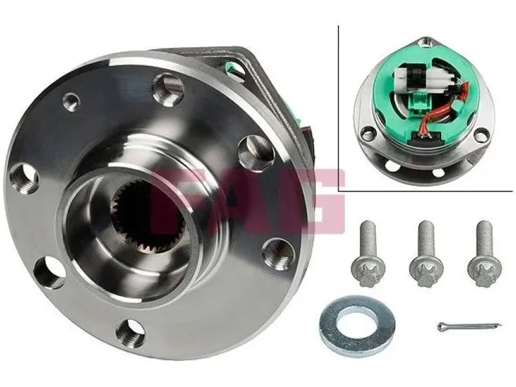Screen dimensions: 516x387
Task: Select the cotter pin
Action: [x=469, y=326]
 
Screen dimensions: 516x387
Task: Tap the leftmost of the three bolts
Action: [x=368, y=253]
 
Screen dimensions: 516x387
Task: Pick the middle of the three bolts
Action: [x=427, y=254]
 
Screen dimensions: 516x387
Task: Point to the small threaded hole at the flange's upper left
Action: [x=71, y=101]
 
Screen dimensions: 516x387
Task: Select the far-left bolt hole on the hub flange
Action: [x=24, y=177]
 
